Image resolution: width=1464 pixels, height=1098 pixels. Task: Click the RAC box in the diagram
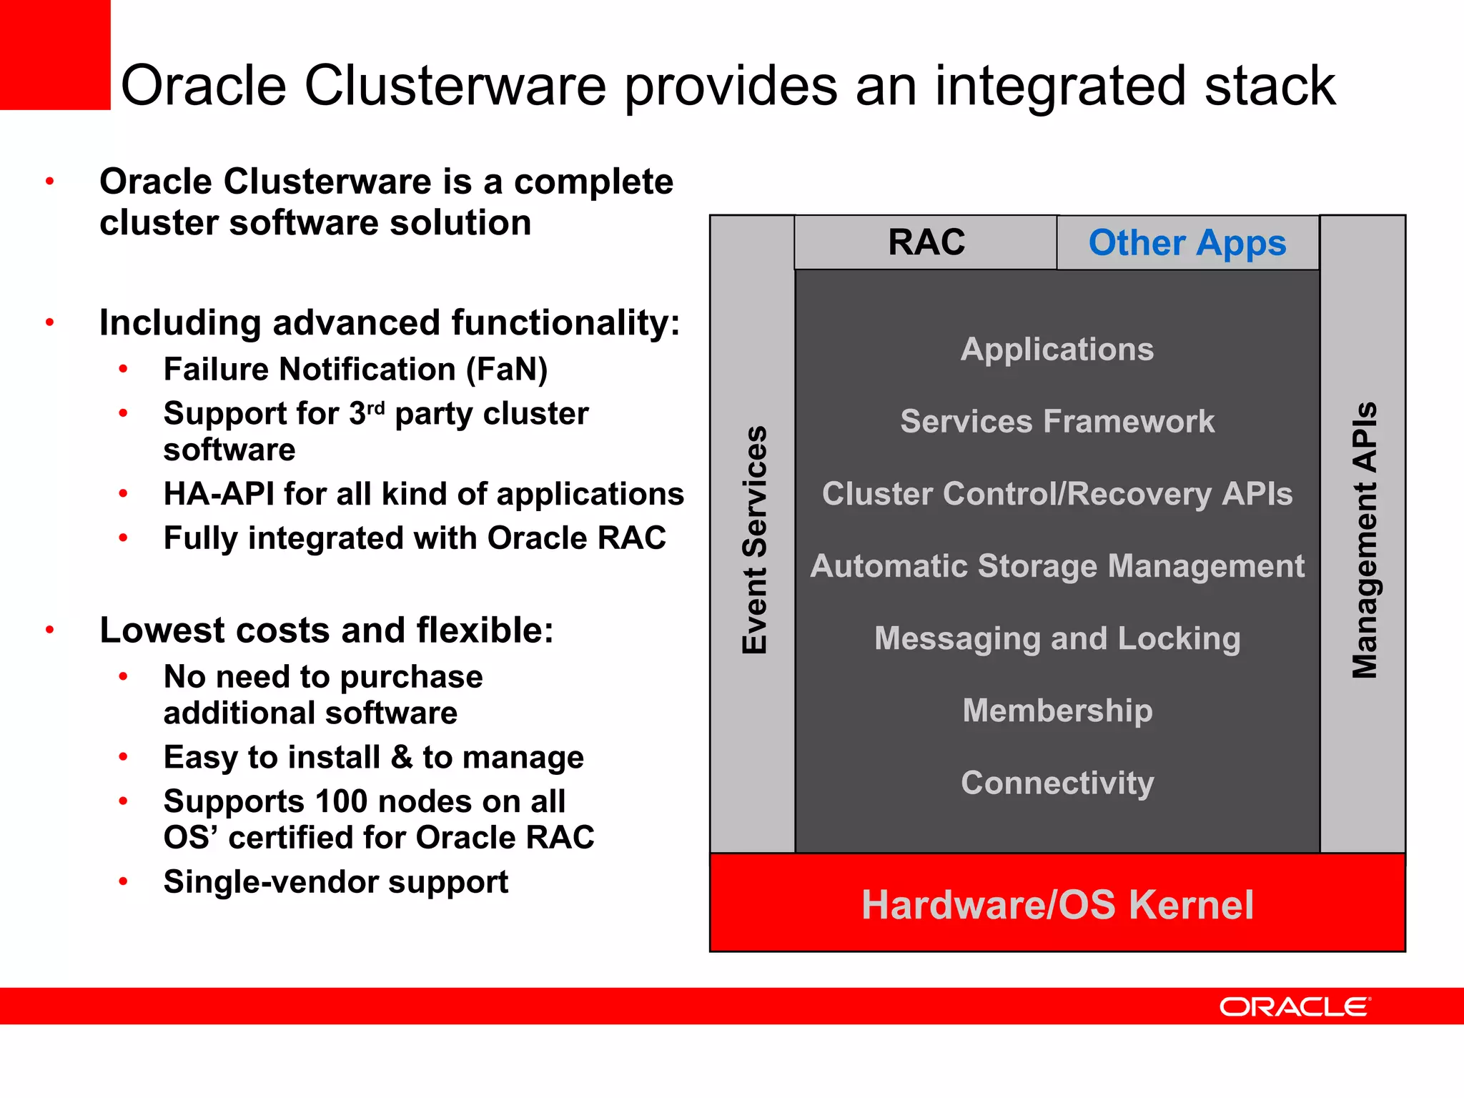tap(926, 242)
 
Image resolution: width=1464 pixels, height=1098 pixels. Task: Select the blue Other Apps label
tap(1187, 243)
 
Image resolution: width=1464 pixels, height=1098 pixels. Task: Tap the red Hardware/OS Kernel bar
tap(1057, 904)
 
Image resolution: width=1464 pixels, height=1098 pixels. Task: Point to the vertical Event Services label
tap(754, 540)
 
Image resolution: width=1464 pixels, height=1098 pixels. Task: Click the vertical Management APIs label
tap(1364, 540)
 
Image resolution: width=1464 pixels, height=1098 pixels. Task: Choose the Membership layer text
tap(1057, 711)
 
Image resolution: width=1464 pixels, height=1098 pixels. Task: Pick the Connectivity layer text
tap(1057, 783)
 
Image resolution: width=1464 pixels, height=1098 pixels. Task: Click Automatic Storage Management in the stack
tap(1057, 566)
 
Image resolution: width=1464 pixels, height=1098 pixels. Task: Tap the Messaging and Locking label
tap(1057, 638)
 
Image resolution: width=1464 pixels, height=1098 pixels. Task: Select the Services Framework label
tap(1057, 422)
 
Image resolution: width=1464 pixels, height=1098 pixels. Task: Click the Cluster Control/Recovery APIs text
tap(1057, 494)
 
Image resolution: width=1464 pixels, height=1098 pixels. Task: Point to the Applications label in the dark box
tap(1057, 350)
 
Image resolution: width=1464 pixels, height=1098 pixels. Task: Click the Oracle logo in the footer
tap(1295, 1007)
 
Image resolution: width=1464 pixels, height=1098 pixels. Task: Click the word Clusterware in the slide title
tap(455, 86)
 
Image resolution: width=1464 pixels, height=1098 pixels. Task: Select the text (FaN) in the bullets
tap(507, 370)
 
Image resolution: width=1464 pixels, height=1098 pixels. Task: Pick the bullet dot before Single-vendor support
tap(124, 882)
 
